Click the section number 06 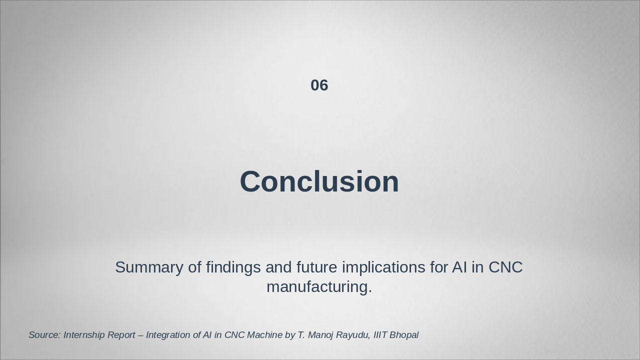point(319,85)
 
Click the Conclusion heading point(319,181)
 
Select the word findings point(233,268)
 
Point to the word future point(317,267)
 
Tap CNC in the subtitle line point(505,267)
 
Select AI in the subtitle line point(459,267)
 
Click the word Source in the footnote point(44,335)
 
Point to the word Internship point(84,335)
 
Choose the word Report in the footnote point(121,335)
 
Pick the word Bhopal point(404,335)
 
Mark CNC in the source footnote point(234,335)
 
